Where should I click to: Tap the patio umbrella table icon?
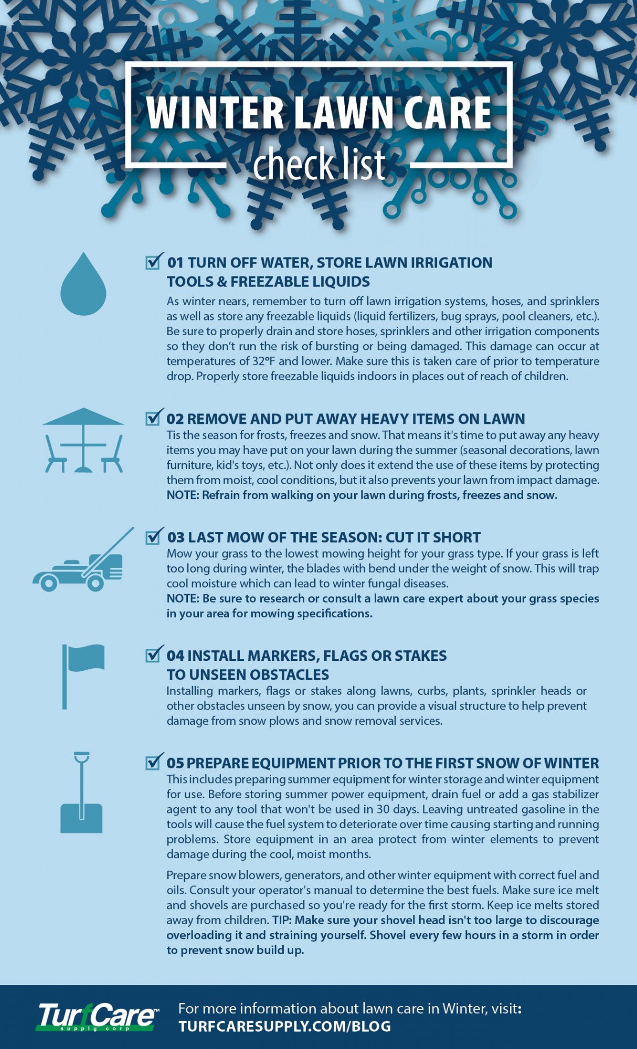[x=83, y=441]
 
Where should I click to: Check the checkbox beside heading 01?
[x=153, y=262]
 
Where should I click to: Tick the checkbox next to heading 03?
[x=153, y=537]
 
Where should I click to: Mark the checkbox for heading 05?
[x=153, y=762]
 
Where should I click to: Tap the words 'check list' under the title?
[x=319, y=164]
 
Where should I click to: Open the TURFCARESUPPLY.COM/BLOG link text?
[x=284, y=1026]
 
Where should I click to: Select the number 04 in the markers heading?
[x=175, y=656]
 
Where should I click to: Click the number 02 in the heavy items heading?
[x=175, y=419]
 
